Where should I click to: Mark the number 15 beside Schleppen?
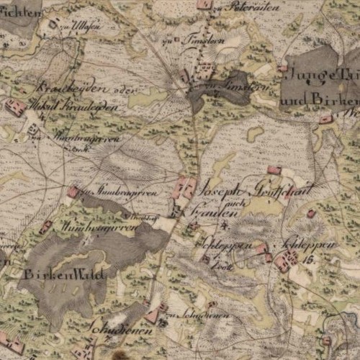point(310,258)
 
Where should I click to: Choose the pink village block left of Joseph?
point(186,188)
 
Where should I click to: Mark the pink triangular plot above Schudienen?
point(152,315)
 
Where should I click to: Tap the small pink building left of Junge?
point(282,68)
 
